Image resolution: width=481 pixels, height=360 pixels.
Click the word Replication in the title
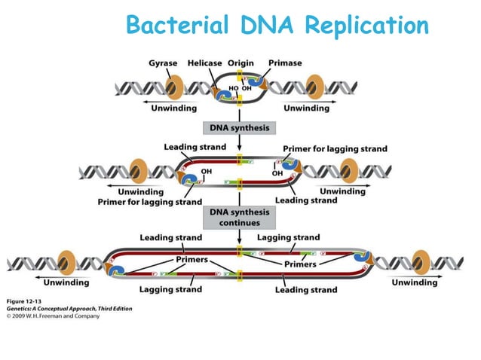point(366,26)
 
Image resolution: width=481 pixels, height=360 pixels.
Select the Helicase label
point(204,63)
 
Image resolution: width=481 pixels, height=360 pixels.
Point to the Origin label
point(240,63)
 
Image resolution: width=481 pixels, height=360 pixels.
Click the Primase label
point(285,63)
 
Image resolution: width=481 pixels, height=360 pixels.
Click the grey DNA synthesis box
point(239,128)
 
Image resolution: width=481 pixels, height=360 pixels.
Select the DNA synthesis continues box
point(239,218)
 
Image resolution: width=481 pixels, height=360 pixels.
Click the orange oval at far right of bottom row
point(417,262)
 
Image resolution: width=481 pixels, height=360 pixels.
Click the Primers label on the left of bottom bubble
point(191,259)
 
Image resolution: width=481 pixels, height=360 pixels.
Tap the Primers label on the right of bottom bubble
point(299,264)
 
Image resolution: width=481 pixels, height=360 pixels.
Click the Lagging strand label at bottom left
point(170,289)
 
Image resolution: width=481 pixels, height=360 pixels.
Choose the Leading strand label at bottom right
point(306,289)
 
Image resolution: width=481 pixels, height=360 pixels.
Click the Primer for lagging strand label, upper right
point(335,148)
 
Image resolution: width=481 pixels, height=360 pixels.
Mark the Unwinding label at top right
point(305,108)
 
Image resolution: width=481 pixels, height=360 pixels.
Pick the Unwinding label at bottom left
point(66,282)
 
